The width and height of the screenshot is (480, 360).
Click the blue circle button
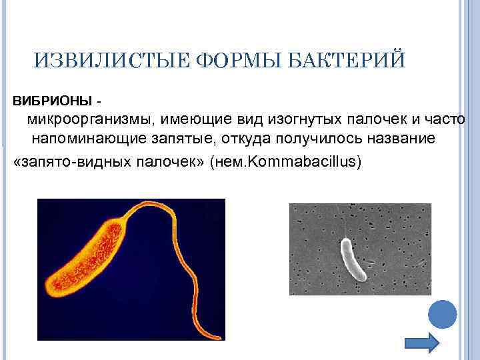(441, 313)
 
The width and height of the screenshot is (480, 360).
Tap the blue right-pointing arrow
(423, 341)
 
